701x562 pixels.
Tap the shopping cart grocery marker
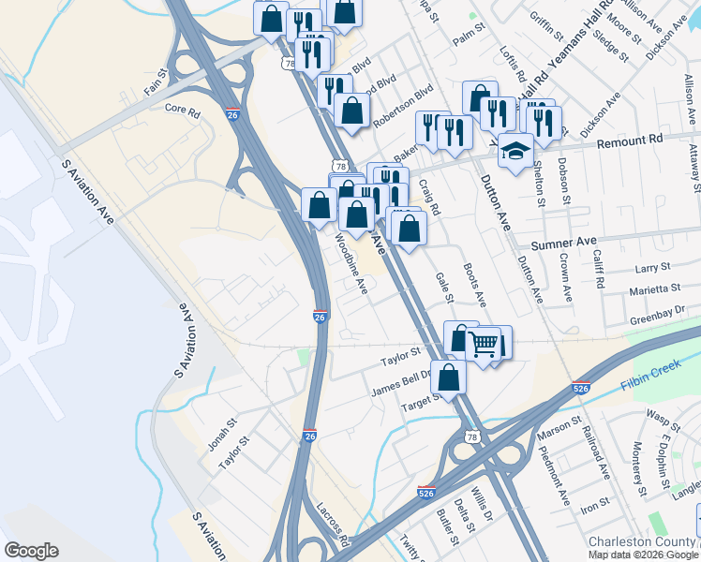(484, 345)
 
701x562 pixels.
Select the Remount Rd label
(630, 140)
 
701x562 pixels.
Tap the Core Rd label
(183, 111)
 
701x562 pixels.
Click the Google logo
(31, 551)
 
